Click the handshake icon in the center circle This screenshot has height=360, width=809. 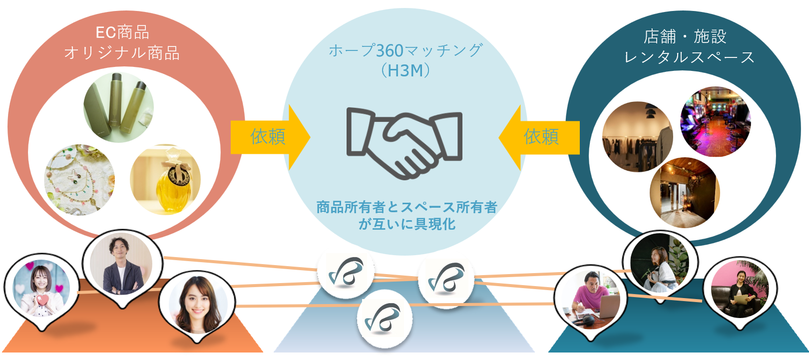[404, 142]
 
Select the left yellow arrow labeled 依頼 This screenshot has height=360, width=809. [269, 137]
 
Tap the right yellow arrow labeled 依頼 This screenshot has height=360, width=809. [540, 137]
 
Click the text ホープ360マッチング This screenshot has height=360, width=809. [405, 50]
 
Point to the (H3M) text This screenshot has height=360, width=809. [405, 70]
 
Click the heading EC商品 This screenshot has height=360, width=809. [122, 33]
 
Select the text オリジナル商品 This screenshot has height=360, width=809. [122, 53]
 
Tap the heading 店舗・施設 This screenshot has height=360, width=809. [685, 36]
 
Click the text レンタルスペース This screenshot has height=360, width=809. [689, 57]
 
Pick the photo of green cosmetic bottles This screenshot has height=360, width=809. [119, 108]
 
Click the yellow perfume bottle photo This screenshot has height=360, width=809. [165, 180]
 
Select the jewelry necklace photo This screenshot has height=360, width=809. [79, 180]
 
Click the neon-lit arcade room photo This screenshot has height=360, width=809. [715, 122]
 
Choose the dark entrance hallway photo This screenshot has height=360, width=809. [685, 193]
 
